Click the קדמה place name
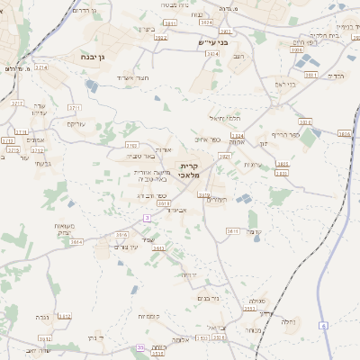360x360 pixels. (x=255, y=230)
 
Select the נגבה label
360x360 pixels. (x=40, y=318)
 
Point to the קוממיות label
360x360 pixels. (x=149, y=317)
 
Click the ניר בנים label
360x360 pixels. (x=209, y=298)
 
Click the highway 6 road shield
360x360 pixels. (x=323, y=328)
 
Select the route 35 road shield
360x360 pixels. (x=139, y=347)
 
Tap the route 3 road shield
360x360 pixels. (x=146, y=218)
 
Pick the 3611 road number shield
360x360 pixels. (x=232, y=231)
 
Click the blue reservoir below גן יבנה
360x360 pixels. (x=92, y=85)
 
